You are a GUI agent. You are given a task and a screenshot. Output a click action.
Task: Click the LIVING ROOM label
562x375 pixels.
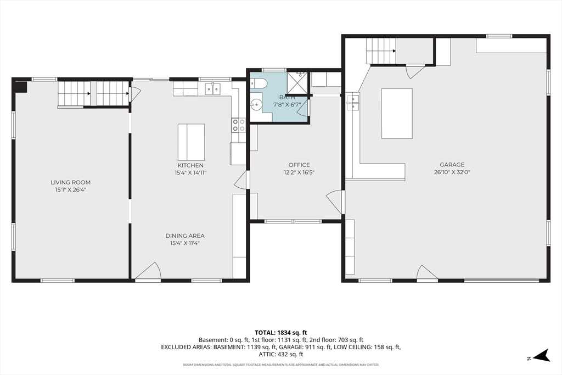[x=70, y=182]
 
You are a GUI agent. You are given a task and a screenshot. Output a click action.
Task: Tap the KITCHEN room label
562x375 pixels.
[x=190, y=165]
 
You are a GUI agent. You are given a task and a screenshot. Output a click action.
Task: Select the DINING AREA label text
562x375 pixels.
[x=185, y=236]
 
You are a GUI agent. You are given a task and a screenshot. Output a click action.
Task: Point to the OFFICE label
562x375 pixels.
[x=299, y=165]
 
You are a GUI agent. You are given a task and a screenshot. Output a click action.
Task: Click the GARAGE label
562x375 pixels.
[x=452, y=165]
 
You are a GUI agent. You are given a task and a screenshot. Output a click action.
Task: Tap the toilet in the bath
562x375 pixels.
[x=258, y=83]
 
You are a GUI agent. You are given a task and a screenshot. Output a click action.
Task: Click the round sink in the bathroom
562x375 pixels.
[x=256, y=105]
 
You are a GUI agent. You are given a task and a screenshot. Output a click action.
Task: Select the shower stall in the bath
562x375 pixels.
[x=297, y=83]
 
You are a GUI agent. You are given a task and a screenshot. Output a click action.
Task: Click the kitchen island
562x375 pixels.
[x=192, y=142]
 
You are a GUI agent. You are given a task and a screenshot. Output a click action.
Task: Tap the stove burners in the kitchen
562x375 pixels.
[x=239, y=125]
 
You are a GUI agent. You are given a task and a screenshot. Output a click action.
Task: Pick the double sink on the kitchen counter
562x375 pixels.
[x=213, y=88]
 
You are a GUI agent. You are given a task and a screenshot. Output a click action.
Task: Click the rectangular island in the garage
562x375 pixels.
[x=397, y=114]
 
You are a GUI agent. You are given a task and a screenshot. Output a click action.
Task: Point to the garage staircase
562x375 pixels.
[x=381, y=51]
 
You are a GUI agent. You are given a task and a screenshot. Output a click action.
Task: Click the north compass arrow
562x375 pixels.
[x=542, y=356]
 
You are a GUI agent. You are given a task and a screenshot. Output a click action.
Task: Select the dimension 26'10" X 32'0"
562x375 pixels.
[x=452, y=172]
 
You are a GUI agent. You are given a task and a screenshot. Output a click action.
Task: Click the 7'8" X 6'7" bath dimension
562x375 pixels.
[x=287, y=105]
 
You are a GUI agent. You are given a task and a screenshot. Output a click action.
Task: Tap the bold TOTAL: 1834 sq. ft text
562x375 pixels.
[x=281, y=332]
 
